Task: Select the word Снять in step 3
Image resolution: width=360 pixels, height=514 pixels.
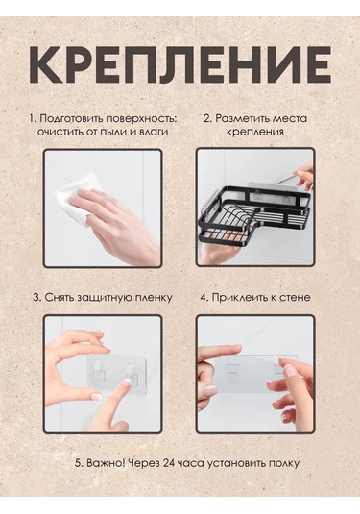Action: point(62,298)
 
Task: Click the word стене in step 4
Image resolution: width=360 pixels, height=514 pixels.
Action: point(295,298)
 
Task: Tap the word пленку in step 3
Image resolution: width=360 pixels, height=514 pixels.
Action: point(154,298)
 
